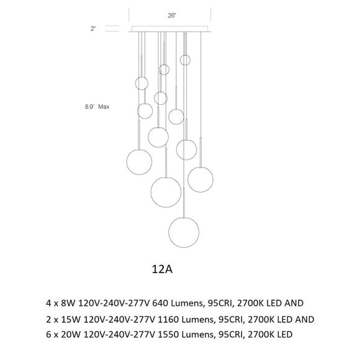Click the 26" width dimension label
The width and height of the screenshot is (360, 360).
172,16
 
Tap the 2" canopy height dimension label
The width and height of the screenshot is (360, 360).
92,29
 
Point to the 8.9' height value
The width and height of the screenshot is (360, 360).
90,107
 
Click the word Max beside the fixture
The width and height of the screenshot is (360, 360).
104,107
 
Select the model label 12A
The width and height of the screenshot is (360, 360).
162,269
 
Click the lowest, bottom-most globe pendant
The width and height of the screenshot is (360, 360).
184,232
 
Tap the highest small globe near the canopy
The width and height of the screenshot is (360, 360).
185,60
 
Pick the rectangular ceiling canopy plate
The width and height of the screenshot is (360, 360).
170,29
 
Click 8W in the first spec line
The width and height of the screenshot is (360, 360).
68,303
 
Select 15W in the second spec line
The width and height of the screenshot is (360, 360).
71,320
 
